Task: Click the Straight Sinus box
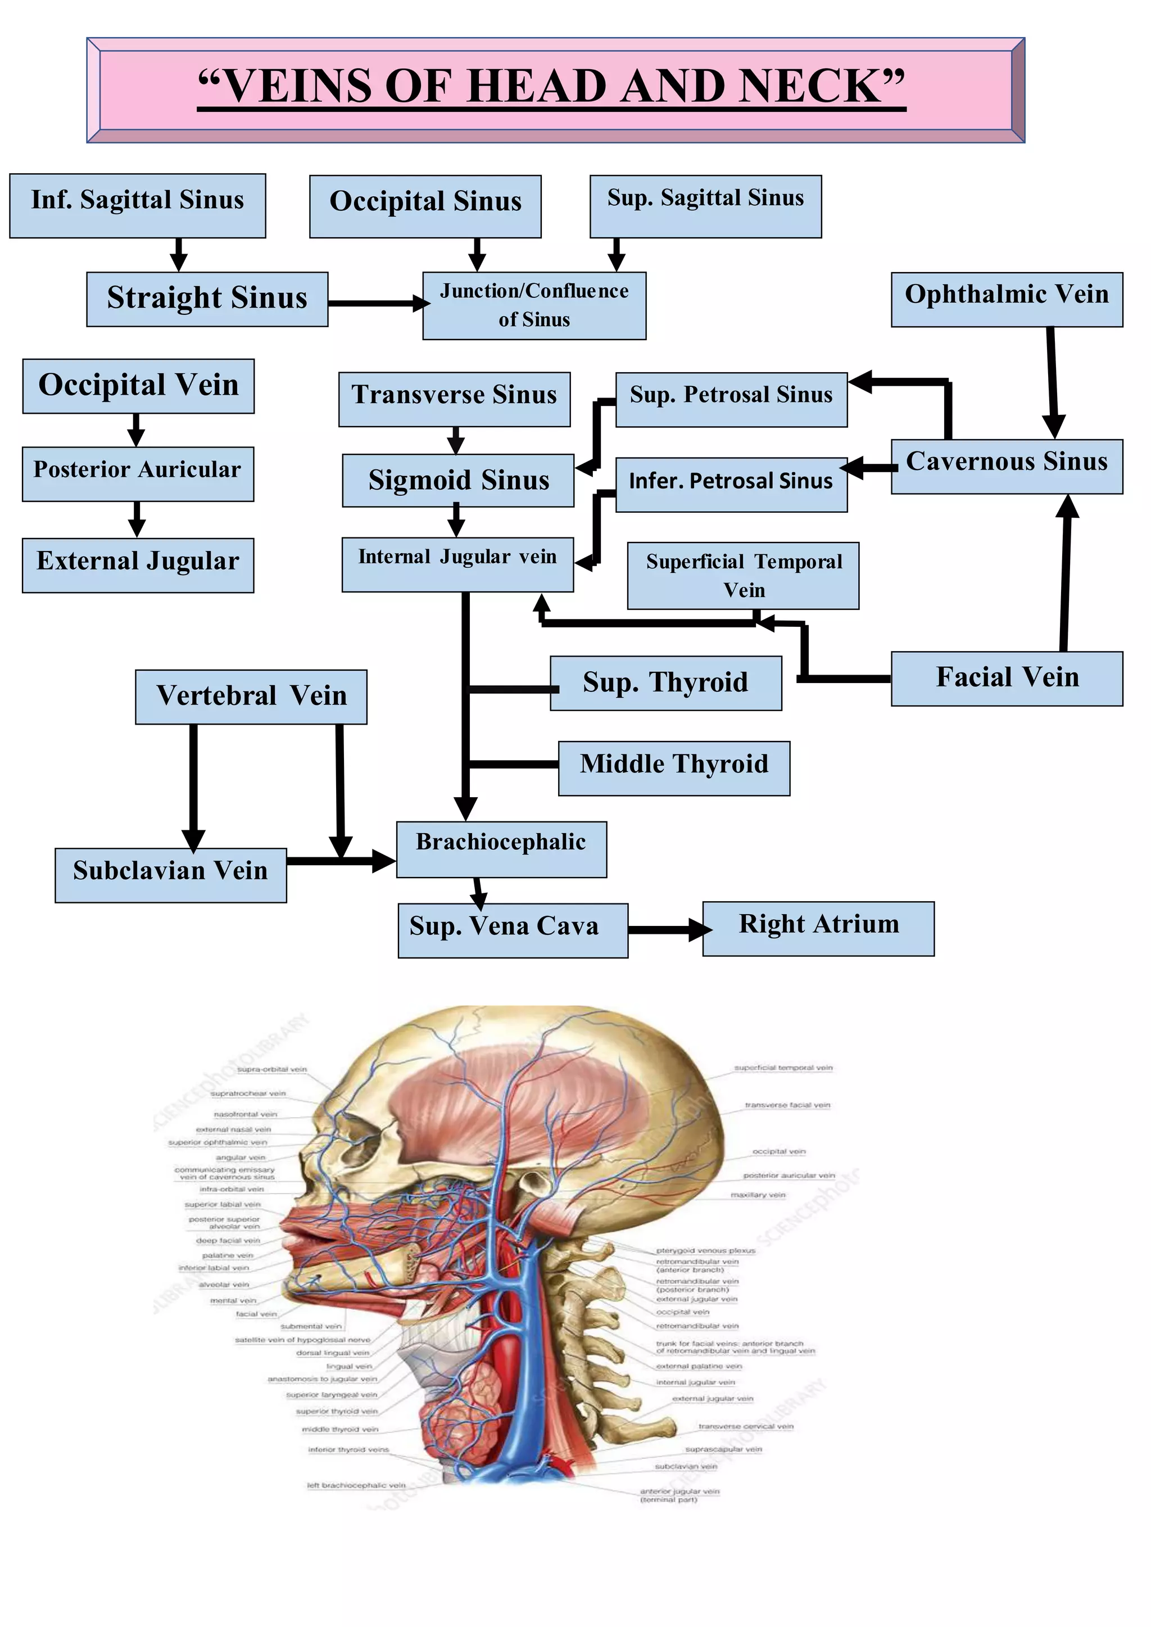tap(207, 299)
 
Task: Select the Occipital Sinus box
tap(425, 206)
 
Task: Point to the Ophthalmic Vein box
tap(1007, 299)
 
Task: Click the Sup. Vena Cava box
tap(513, 929)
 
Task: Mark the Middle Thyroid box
tap(673, 768)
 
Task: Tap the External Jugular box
tap(138, 564)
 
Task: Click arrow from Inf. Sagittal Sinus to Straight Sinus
tap(179, 254)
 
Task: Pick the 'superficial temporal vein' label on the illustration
tap(783, 1068)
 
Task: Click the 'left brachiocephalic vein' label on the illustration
tap(356, 1485)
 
